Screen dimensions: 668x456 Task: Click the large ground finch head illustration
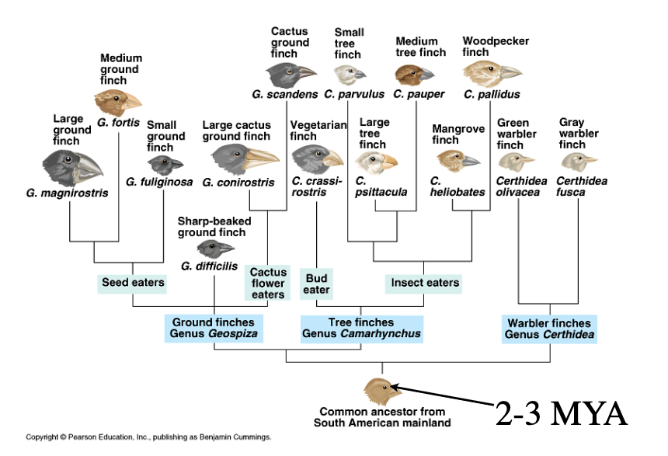tap(72, 168)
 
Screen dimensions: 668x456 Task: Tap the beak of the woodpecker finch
tap(509, 72)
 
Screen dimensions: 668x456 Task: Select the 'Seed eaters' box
tap(132, 283)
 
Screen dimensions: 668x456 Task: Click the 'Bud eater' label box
tap(316, 284)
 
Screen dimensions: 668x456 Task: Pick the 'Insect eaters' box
tap(423, 283)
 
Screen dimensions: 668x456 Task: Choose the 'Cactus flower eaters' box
tap(267, 283)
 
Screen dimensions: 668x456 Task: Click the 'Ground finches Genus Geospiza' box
tap(214, 328)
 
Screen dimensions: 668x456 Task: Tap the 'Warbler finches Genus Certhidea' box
tap(549, 329)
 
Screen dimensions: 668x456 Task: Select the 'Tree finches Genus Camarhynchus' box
tap(362, 329)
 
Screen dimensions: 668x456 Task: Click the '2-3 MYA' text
tap(561, 414)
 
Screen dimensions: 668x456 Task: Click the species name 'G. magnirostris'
tap(67, 193)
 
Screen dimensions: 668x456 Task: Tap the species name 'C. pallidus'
tap(492, 94)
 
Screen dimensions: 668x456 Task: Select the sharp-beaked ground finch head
tap(216, 249)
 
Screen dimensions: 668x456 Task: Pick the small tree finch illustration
tap(350, 75)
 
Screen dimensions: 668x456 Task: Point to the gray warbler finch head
tap(579, 162)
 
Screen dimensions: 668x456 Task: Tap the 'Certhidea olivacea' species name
tap(521, 186)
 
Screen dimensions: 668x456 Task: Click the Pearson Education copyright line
tap(148, 437)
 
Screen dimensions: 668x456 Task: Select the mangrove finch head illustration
tap(458, 160)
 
